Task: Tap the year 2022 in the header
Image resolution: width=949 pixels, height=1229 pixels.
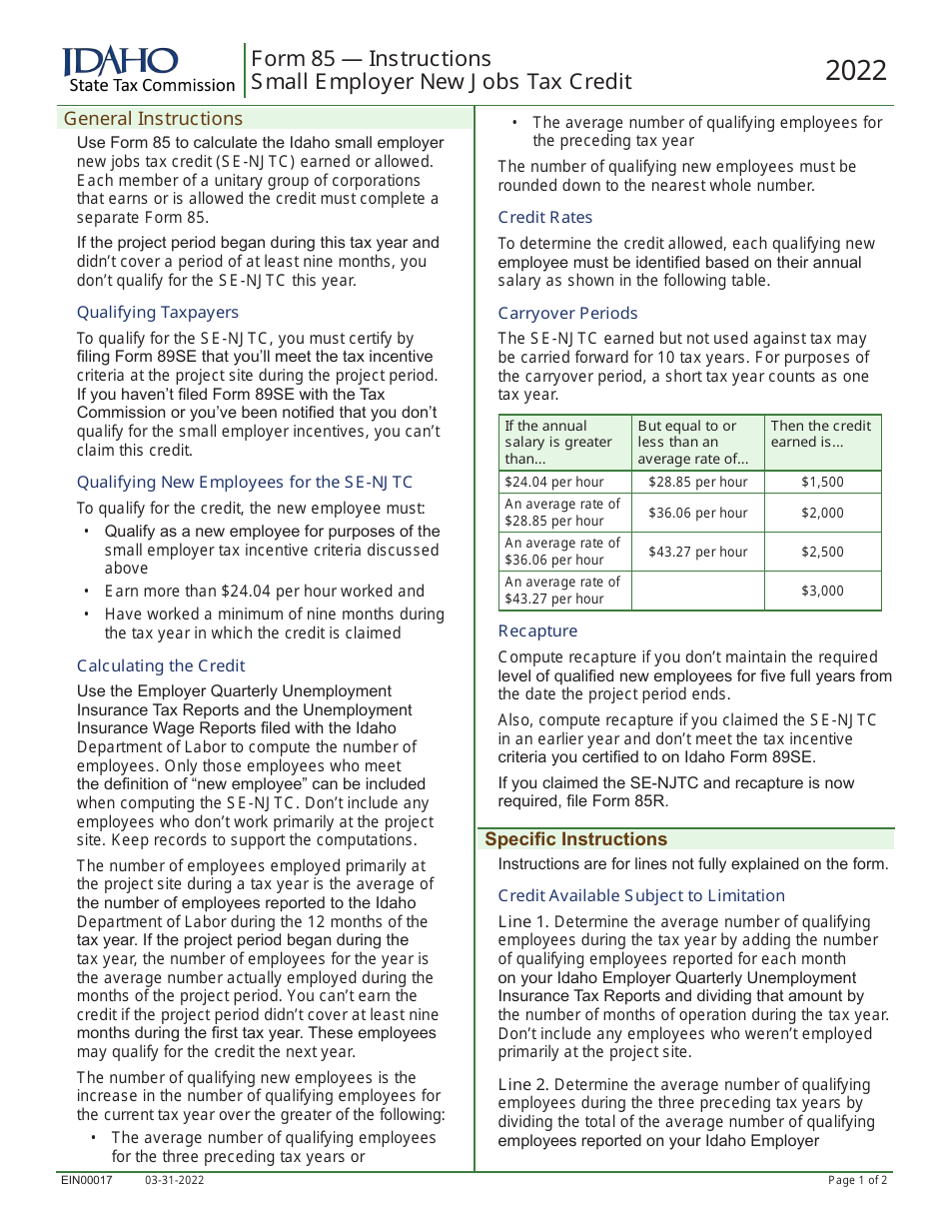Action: coord(856,71)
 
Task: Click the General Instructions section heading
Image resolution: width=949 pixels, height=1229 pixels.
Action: coord(153,119)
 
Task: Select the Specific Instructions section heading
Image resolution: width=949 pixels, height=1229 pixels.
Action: coord(575,839)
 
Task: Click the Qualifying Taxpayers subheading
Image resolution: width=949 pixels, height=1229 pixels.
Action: coord(158,312)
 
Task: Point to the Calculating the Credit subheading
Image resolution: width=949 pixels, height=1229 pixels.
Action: coord(161,665)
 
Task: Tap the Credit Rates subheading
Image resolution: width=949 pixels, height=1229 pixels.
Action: coord(545,217)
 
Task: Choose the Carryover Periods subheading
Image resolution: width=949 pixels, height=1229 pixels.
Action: coord(567,313)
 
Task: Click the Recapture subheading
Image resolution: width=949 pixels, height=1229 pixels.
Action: coord(537,630)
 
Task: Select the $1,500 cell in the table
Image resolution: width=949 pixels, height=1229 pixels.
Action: coord(822,482)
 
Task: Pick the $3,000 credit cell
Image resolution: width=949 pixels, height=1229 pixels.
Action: coord(822,591)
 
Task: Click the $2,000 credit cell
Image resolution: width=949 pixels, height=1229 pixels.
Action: coord(822,513)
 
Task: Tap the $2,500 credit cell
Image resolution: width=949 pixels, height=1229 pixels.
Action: coord(822,552)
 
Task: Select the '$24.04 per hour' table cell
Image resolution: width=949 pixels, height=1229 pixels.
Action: coord(553,482)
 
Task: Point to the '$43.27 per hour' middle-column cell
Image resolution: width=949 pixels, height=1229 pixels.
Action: coord(697,552)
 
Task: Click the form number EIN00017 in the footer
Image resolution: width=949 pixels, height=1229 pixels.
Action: coord(87,1180)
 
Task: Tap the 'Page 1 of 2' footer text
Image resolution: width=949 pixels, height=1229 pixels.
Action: coord(857,1180)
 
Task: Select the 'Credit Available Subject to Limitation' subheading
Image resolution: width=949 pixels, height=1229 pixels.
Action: coord(641,895)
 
